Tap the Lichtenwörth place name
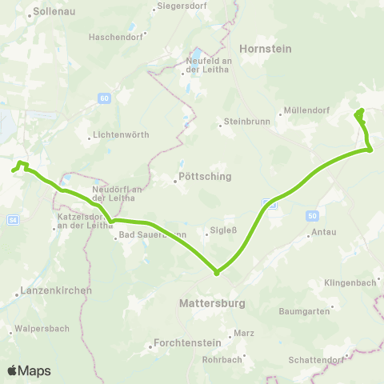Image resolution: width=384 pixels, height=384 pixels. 121,135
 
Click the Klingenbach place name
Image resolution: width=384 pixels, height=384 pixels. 350,283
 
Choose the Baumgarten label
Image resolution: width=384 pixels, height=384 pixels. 305,310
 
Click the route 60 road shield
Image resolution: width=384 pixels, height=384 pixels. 105,98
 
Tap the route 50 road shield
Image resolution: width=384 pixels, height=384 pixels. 311,216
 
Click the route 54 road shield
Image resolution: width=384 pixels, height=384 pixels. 12,218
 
